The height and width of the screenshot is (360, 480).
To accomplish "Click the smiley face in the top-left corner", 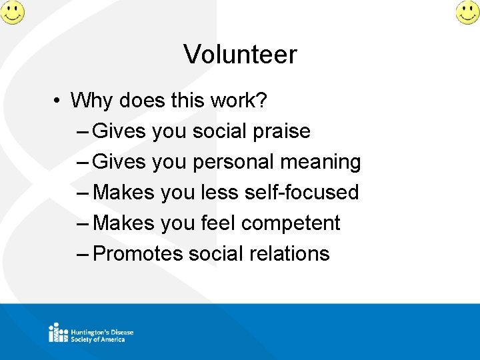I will tap(12, 12).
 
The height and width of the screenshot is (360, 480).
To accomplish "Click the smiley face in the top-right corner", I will tap(467, 12).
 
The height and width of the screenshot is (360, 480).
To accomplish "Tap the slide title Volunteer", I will tap(240, 55).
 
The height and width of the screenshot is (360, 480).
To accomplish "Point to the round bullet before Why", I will tap(59, 101).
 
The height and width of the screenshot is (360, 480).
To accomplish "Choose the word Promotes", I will tap(138, 254).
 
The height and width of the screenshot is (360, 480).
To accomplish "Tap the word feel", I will tap(218, 223).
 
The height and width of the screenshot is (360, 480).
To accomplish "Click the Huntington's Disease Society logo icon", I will tap(58, 333).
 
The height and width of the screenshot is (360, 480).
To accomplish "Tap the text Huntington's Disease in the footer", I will tap(103, 332).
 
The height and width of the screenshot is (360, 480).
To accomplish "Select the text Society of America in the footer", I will tap(98, 339).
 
